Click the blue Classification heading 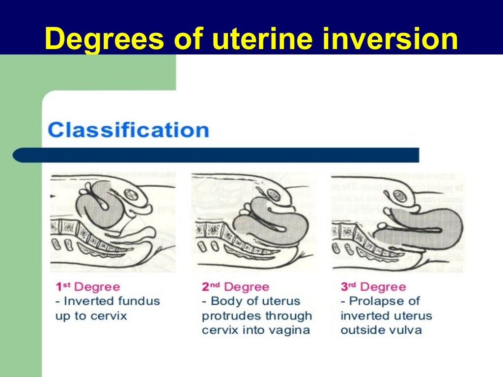click(128, 131)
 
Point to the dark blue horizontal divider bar click(216, 155)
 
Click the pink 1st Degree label click(87, 287)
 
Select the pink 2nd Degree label click(235, 287)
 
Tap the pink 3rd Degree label click(373, 287)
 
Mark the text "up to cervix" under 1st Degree click(91, 315)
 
